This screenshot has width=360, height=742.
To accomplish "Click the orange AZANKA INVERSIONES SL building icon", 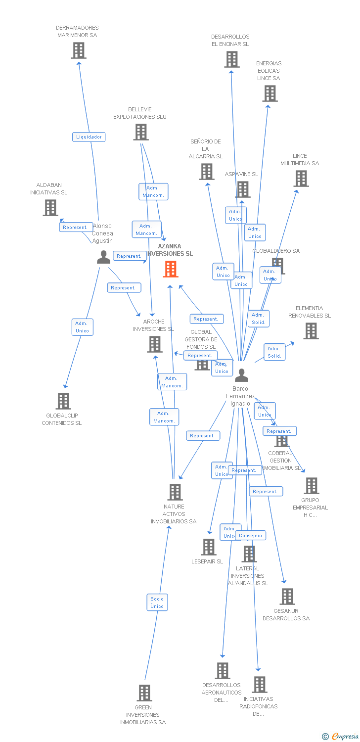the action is (x=171, y=269).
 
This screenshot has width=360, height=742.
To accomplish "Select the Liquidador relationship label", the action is (x=89, y=137).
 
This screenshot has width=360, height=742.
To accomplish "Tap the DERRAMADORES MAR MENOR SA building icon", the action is (x=78, y=50).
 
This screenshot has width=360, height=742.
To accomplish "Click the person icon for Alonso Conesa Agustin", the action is (x=103, y=257).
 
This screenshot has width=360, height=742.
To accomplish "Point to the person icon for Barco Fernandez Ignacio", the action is (x=241, y=375).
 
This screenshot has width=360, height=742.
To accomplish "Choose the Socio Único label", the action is (x=157, y=602).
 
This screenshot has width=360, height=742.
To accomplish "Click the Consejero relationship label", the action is (x=250, y=535).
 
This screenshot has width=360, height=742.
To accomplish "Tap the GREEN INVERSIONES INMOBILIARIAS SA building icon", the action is (x=144, y=693).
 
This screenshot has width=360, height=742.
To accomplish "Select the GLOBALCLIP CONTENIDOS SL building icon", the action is (x=63, y=401).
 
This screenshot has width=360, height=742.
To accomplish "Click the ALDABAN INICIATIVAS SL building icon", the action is (x=50, y=208).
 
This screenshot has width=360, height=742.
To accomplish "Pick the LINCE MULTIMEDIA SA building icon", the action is (x=301, y=179).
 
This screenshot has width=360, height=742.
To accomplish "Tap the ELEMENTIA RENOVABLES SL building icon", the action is (x=311, y=331).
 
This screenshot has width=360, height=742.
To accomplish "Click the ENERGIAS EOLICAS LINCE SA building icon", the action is (x=270, y=93).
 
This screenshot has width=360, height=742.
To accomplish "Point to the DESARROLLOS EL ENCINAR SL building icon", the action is (x=231, y=59).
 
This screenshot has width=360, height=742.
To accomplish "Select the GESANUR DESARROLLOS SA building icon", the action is (x=287, y=596).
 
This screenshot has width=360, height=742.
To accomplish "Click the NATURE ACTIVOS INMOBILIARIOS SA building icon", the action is (x=175, y=492).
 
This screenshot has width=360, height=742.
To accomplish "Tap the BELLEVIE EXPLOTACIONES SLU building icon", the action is (x=141, y=132).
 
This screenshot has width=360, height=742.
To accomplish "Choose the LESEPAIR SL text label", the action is (x=207, y=561).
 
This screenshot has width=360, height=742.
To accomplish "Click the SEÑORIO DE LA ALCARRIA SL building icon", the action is (x=206, y=171).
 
